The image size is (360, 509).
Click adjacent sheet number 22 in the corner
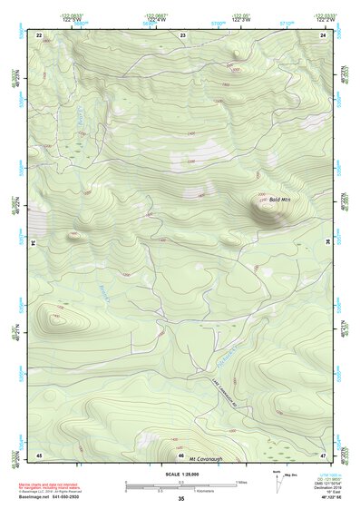coord(39,34)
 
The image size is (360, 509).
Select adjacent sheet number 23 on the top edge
coord(182,34)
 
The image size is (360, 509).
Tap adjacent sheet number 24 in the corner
coord(323,34)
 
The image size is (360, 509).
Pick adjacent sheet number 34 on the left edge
coord(34,243)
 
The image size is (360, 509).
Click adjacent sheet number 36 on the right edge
coord(327,243)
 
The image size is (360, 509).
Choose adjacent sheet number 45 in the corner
coord(39,454)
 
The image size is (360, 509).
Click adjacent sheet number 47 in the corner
coord(323,454)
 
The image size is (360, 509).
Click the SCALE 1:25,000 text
coord(180,474)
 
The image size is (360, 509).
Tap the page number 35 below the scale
coord(180,499)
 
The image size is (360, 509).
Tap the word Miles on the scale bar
coord(241,480)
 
